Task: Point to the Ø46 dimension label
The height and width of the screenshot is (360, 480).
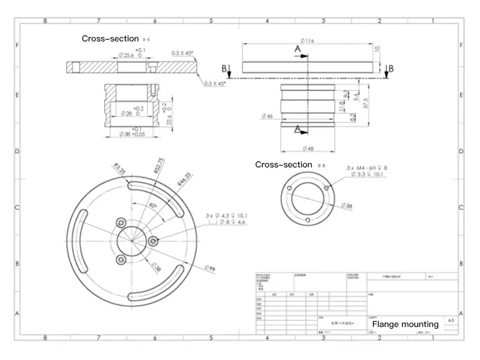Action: click(x=268, y=116)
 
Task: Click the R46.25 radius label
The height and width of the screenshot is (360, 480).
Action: click(x=184, y=178)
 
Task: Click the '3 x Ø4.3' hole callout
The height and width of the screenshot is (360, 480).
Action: click(x=227, y=215)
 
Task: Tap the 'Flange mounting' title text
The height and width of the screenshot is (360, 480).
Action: click(x=405, y=324)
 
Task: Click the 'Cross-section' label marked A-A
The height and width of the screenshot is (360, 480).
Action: click(x=110, y=38)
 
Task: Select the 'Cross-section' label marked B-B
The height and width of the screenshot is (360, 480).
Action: click(x=284, y=164)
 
